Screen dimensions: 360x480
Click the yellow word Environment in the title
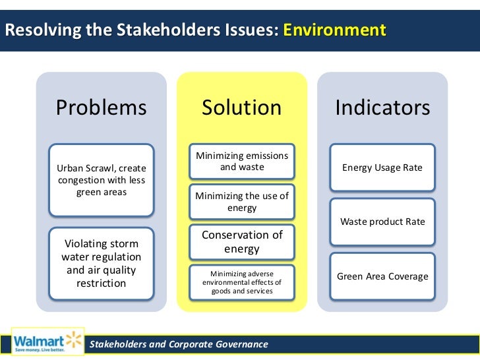pos(334,30)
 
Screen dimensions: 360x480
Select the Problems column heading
pos(101,107)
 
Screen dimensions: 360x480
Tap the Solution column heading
pos(241,107)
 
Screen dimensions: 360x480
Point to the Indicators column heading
pos(382,107)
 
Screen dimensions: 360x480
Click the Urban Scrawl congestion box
pos(101,180)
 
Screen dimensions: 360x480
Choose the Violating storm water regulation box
pos(101,262)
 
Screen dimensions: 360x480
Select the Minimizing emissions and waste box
pos(241,162)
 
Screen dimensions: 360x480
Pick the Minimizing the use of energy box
pos(241,202)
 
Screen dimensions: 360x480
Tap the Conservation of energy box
pos(241,242)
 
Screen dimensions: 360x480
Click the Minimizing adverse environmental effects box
pos(241,282)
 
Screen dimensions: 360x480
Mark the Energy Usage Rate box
pos(382,167)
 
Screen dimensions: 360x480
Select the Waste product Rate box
pos(382,222)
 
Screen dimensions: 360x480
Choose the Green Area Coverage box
pos(382,276)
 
